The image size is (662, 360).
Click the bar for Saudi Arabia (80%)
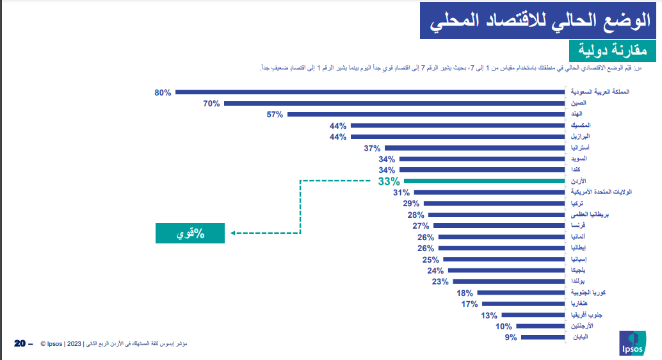(x=369, y=92)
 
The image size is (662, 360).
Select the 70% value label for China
(x=212, y=103)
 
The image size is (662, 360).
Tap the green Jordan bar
(x=483, y=181)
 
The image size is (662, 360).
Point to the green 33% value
(x=389, y=181)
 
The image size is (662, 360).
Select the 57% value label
(x=275, y=115)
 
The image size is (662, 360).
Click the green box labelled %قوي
(x=190, y=233)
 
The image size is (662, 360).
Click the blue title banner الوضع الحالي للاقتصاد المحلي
(x=538, y=20)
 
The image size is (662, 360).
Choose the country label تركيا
(x=576, y=203)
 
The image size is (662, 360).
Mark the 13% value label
(x=489, y=315)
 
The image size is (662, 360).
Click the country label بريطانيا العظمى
(x=589, y=215)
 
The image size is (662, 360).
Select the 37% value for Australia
(x=373, y=148)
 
